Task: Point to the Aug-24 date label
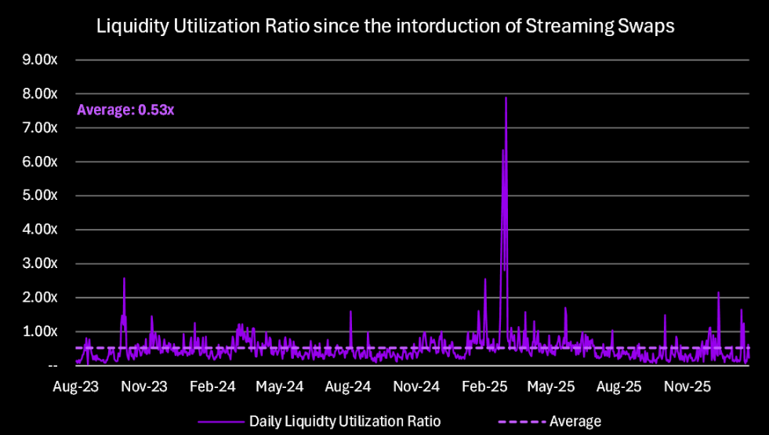point(348,386)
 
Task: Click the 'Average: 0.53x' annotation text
point(125,110)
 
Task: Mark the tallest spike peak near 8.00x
point(506,98)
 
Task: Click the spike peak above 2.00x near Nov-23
point(124,278)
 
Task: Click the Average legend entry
point(575,421)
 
